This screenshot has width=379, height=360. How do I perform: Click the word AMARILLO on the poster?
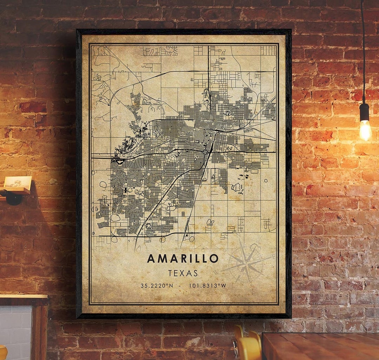(x=182, y=258)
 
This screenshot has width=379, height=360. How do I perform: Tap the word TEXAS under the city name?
(x=183, y=273)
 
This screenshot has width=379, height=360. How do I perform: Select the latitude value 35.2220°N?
(x=156, y=286)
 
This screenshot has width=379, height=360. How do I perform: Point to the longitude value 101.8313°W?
(x=207, y=286)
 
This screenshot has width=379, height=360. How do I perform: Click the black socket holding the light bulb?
(x=364, y=112)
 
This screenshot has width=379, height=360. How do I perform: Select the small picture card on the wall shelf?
(x=18, y=181)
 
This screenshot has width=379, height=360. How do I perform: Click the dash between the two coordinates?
(x=179, y=286)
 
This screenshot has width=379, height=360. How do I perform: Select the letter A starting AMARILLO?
(x=151, y=258)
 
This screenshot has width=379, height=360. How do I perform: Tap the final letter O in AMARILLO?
(x=213, y=258)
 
